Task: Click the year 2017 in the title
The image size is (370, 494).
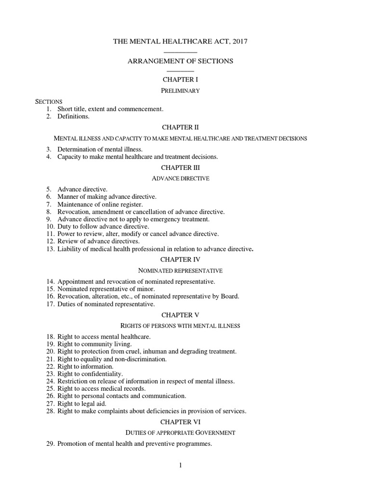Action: tap(239, 42)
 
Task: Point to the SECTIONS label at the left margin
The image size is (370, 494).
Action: tap(49, 102)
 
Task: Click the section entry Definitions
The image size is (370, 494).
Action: tap(73, 116)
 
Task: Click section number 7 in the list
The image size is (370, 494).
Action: tap(49, 204)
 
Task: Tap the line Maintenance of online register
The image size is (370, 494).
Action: tap(93, 204)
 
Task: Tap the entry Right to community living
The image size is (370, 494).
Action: tap(94, 344)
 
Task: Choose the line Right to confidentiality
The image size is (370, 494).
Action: tap(90, 373)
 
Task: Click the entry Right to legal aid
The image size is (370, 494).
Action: tap(82, 403)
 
